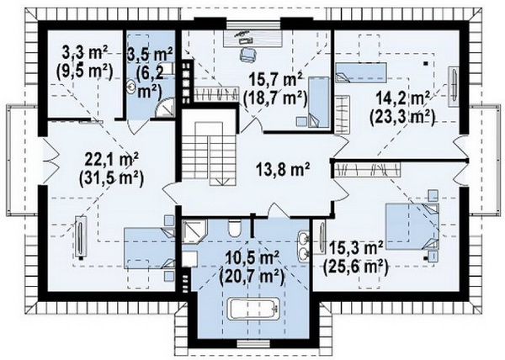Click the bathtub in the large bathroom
click(253, 309)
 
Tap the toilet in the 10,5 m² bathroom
click(235, 228)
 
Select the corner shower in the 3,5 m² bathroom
click(166, 108)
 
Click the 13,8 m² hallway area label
click(283, 169)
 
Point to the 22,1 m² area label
click(111, 159)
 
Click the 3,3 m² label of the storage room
click(85, 53)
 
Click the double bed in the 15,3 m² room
click(412, 226)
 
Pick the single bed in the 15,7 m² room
click(319, 103)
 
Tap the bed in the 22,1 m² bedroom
click(150, 248)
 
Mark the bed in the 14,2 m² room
click(361, 72)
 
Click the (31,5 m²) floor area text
click(111, 177)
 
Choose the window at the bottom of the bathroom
click(253, 344)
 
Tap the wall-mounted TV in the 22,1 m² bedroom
click(80, 237)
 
